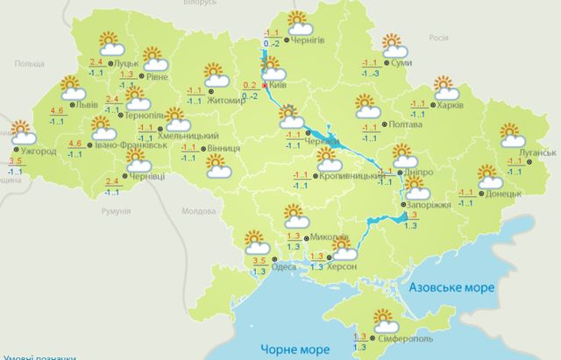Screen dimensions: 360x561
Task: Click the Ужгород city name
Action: (38, 151)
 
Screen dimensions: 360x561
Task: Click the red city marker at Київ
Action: (265, 87)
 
